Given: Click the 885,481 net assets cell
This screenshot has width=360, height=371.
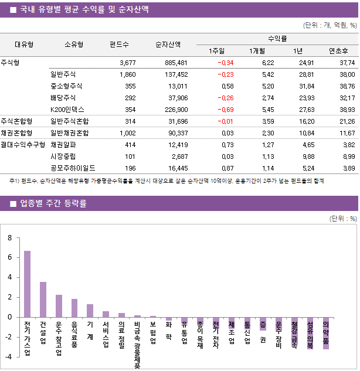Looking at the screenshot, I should click(176, 63).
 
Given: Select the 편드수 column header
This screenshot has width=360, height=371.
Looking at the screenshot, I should click(119, 44).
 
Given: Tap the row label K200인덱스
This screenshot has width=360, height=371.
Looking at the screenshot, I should click(67, 110).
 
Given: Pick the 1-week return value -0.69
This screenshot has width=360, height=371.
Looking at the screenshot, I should click(225, 110).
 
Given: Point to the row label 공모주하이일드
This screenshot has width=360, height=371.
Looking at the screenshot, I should click(73, 168).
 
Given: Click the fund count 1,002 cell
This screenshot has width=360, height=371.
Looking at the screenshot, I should click(127, 133).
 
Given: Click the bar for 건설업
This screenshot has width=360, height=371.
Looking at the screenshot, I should click(43, 299).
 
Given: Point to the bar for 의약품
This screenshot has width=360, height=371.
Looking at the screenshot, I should click(326, 333).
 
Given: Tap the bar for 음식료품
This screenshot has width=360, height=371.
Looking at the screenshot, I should click(74, 308).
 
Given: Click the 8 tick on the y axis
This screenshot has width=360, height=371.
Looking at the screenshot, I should click(9, 238).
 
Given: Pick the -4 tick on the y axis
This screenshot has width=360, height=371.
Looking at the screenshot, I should click(8, 356).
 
